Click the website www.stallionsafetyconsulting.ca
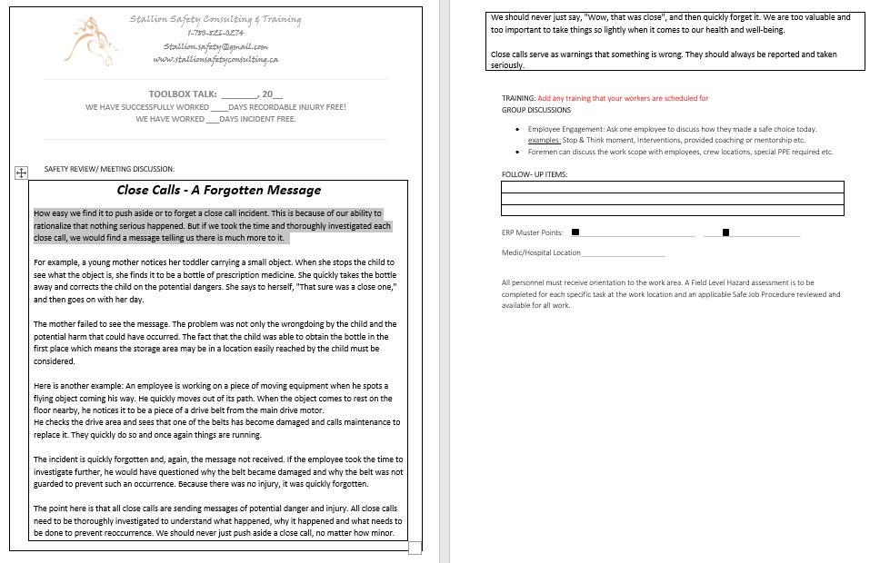(215, 59)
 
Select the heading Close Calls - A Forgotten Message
(219, 191)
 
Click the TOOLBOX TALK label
(183, 94)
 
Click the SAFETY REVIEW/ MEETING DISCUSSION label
(109, 169)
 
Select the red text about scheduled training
(623, 98)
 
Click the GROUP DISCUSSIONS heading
(536, 110)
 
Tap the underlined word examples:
(545, 141)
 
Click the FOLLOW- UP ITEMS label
(535, 174)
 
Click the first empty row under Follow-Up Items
(672, 187)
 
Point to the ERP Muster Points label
(532, 233)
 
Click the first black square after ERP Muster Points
(575, 232)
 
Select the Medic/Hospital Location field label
(541, 253)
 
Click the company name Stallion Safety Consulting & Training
(215, 19)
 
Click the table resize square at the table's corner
(415, 547)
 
